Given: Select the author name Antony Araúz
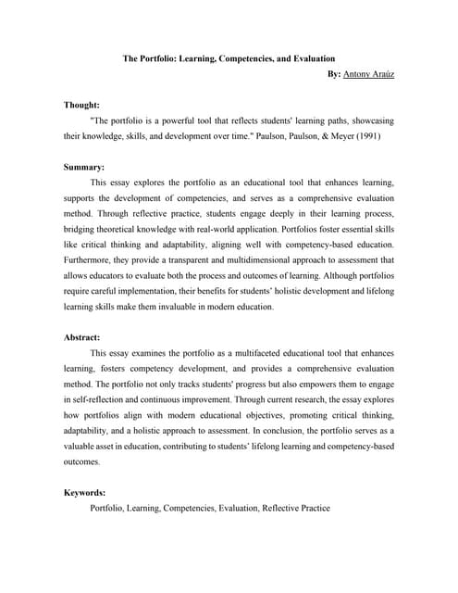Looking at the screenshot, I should (368, 73).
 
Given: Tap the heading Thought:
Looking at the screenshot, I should (82, 107).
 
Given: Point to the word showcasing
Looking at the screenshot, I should (371, 121).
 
